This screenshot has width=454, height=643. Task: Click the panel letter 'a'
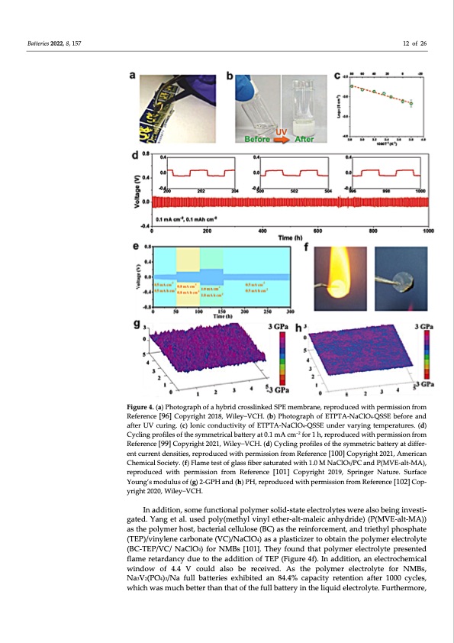(x=134, y=77)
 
